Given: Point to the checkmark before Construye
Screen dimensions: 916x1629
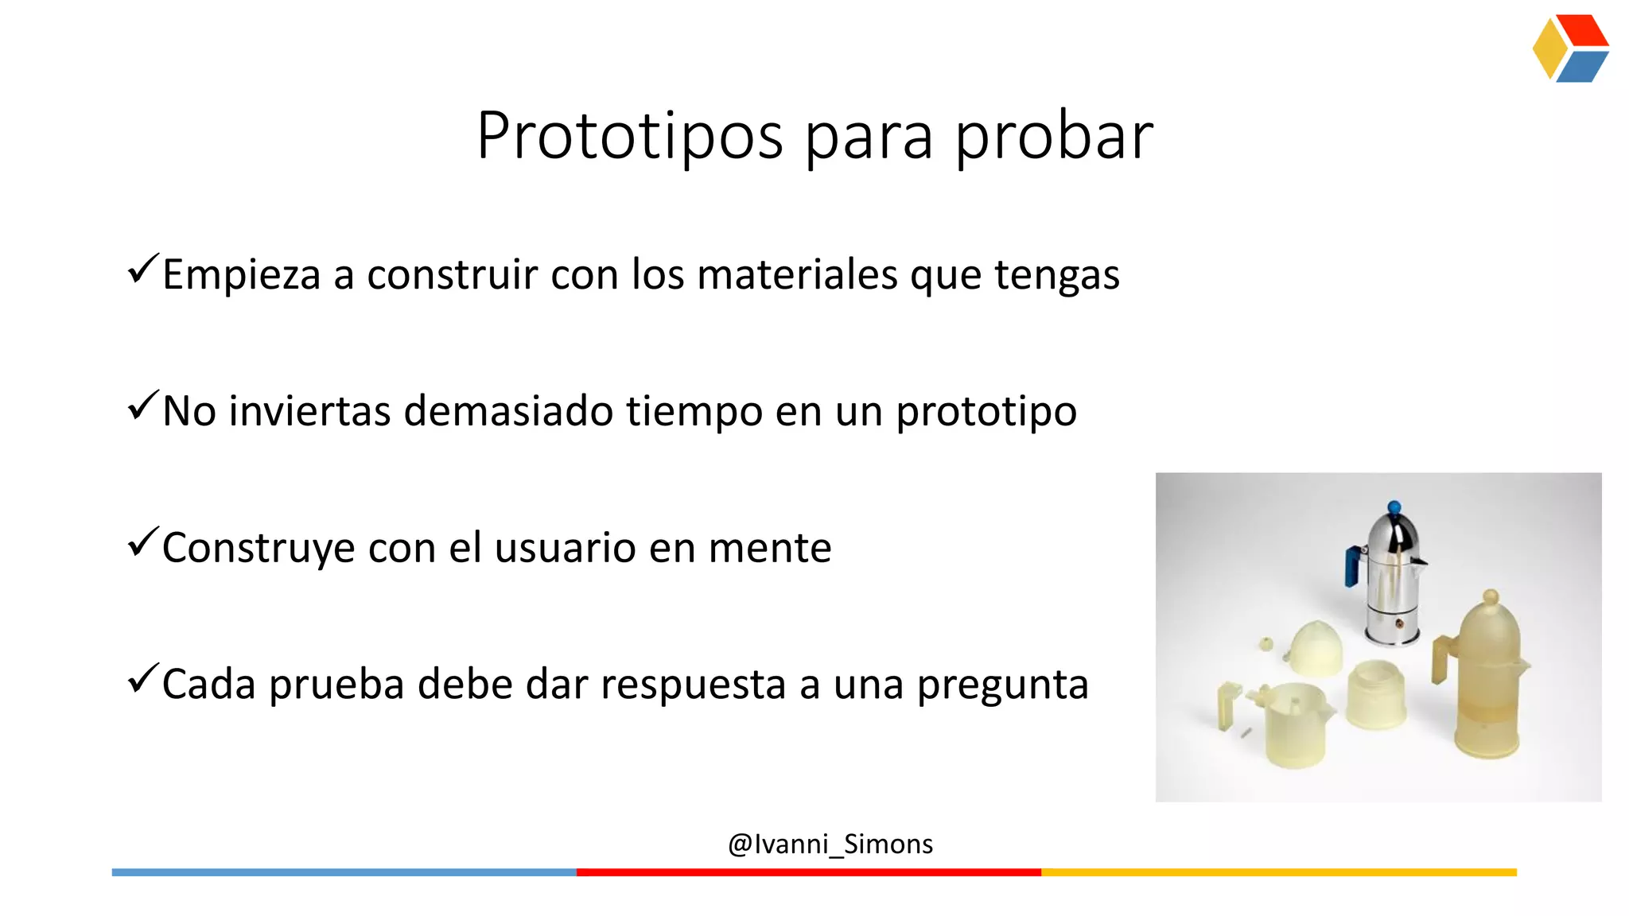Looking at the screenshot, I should point(143,542).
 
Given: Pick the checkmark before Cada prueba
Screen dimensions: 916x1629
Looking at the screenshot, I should point(143,679).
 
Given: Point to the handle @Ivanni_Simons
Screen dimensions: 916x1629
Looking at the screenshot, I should point(830,844).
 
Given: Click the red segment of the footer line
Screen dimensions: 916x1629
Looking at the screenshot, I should point(808,872).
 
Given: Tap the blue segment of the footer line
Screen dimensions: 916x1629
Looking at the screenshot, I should point(344,872).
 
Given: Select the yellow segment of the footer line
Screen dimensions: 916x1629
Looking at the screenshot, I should point(1278,872).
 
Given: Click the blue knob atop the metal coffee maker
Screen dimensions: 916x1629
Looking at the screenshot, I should point(1394,507).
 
